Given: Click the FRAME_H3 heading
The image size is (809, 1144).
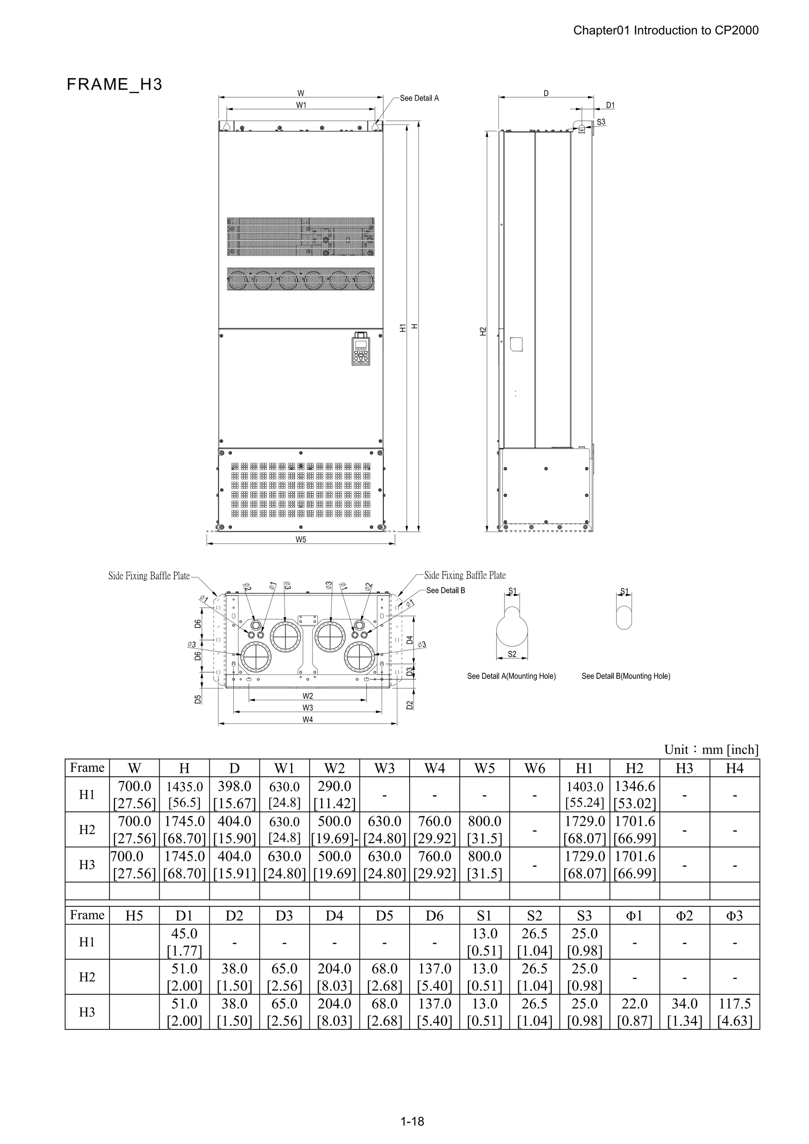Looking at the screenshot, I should [x=115, y=85].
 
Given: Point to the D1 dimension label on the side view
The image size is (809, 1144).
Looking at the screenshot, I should [x=611, y=105].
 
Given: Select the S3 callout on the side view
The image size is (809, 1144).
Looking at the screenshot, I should [x=601, y=122].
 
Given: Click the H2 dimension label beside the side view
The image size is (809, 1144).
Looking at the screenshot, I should [x=482, y=331].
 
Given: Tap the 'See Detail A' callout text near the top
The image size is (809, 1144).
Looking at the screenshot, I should [x=419, y=98].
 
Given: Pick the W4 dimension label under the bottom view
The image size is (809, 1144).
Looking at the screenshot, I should [x=308, y=719].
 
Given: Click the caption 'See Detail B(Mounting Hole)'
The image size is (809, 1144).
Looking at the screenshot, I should [x=626, y=676].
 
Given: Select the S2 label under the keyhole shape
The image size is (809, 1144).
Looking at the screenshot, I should [x=512, y=654].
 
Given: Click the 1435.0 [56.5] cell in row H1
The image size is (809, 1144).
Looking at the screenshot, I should [x=184, y=795].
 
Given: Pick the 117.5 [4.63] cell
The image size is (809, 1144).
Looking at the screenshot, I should [x=735, y=1012].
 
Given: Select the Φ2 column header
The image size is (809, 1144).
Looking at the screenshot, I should [x=685, y=916].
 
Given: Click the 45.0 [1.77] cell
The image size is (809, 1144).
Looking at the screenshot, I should [x=184, y=942].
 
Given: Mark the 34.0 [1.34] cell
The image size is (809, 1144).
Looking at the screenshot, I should [x=685, y=1012].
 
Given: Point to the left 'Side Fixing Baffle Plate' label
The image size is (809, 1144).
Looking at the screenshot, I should [x=149, y=576].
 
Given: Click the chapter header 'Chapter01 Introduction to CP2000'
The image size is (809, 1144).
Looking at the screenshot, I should [x=666, y=30].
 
